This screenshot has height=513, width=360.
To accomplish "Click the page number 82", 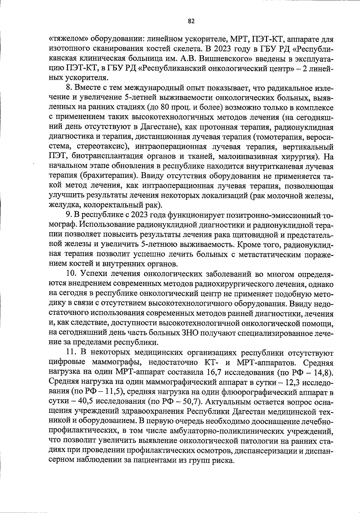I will coord(191,21).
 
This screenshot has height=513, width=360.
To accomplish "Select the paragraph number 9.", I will coord(67,215).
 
